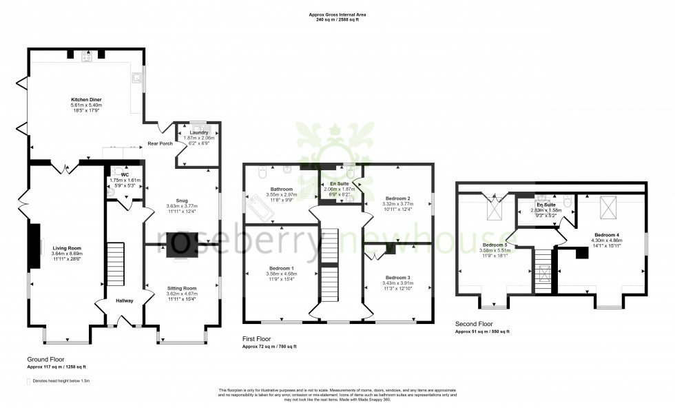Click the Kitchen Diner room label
[x=86, y=100]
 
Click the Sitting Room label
[x=182, y=288]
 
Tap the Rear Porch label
[x=160, y=144]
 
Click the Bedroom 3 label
[x=397, y=277]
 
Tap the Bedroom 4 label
[x=607, y=235]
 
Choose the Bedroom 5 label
[x=495, y=245]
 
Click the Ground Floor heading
[x=45, y=360]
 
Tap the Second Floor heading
[x=475, y=323]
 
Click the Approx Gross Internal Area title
[x=337, y=14]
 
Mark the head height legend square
[x=29, y=380]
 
